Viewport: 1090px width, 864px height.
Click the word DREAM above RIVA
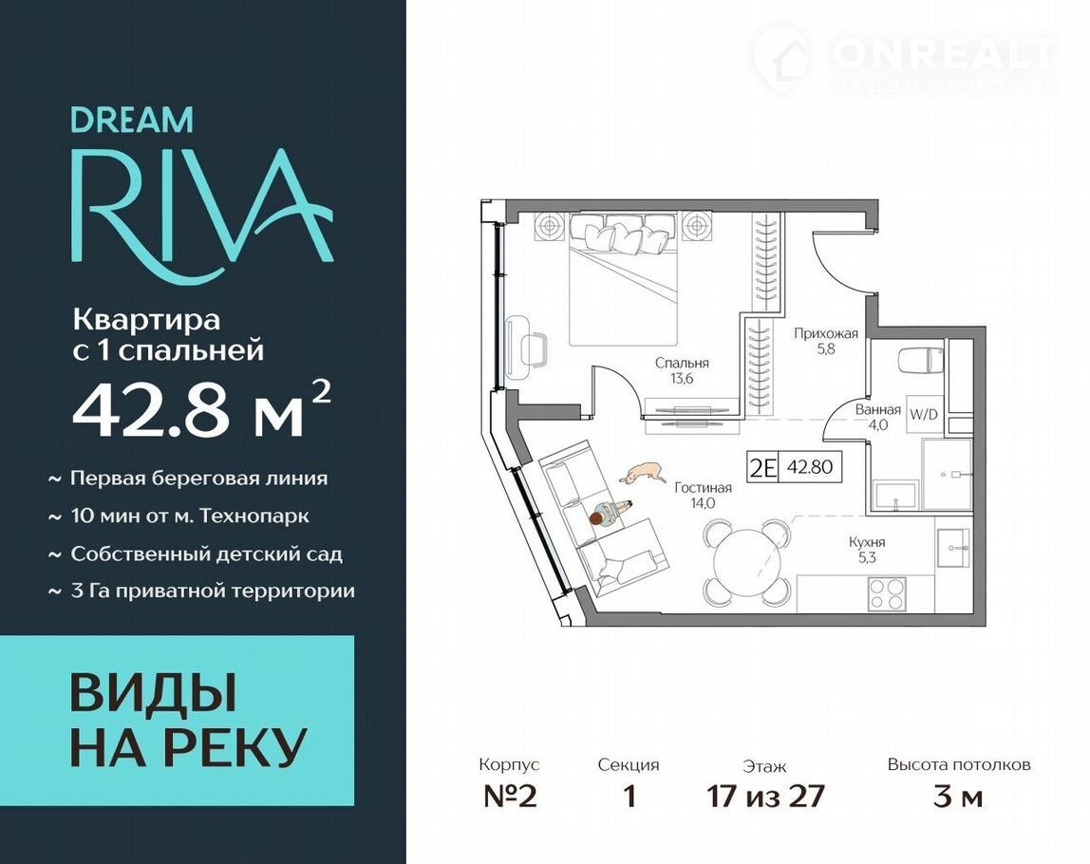pyautogui.click(x=132, y=120)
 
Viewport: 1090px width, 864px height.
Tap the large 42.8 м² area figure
pyautogui.click(x=201, y=410)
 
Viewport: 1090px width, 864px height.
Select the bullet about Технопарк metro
pyautogui.click(x=179, y=516)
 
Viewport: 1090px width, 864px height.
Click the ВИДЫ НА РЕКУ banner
pyautogui.click(x=177, y=721)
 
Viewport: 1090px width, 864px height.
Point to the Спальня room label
pyautogui.click(x=682, y=371)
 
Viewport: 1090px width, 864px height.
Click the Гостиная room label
pyautogui.click(x=703, y=496)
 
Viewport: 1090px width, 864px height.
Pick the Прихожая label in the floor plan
pyautogui.click(x=826, y=341)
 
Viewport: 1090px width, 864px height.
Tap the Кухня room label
pyautogui.click(x=867, y=549)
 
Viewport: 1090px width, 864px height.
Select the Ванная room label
pyautogui.click(x=878, y=417)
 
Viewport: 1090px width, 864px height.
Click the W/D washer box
pyautogui.click(x=924, y=414)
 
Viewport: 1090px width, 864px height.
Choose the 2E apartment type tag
pyautogui.click(x=761, y=466)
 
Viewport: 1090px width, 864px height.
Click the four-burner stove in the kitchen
pyautogui.click(x=886, y=593)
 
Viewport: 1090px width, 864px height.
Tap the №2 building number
pyautogui.click(x=510, y=796)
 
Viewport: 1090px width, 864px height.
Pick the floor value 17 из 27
pyautogui.click(x=765, y=796)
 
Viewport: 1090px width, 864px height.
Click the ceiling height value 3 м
pyautogui.click(x=958, y=796)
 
